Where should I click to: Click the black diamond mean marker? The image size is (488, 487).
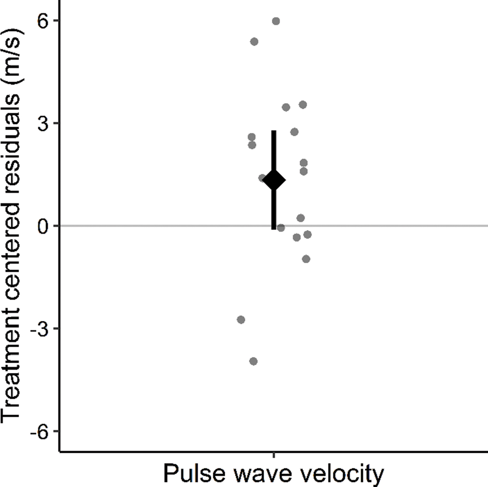pos(274,180)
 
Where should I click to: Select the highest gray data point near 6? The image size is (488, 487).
pos(276,21)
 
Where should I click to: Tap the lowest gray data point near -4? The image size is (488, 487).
pos(254,361)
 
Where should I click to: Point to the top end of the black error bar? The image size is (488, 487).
pos(274,131)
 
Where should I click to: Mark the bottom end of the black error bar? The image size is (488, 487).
pos(274,228)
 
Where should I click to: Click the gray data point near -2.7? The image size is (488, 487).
pos(241,320)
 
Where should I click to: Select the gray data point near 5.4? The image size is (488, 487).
pos(254,42)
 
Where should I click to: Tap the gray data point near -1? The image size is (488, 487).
pos(306,259)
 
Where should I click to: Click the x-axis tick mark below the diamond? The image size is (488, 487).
pos(274,455)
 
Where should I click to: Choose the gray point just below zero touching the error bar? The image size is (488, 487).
pos(281,228)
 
